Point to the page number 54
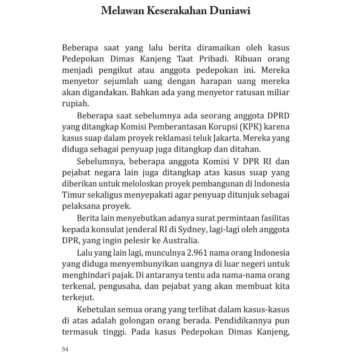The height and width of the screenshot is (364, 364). pyautogui.click(x=65, y=349)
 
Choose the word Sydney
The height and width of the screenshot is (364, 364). pyautogui.click(x=189, y=230)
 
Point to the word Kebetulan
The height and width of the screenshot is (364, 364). pyautogui.click(x=94, y=310)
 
